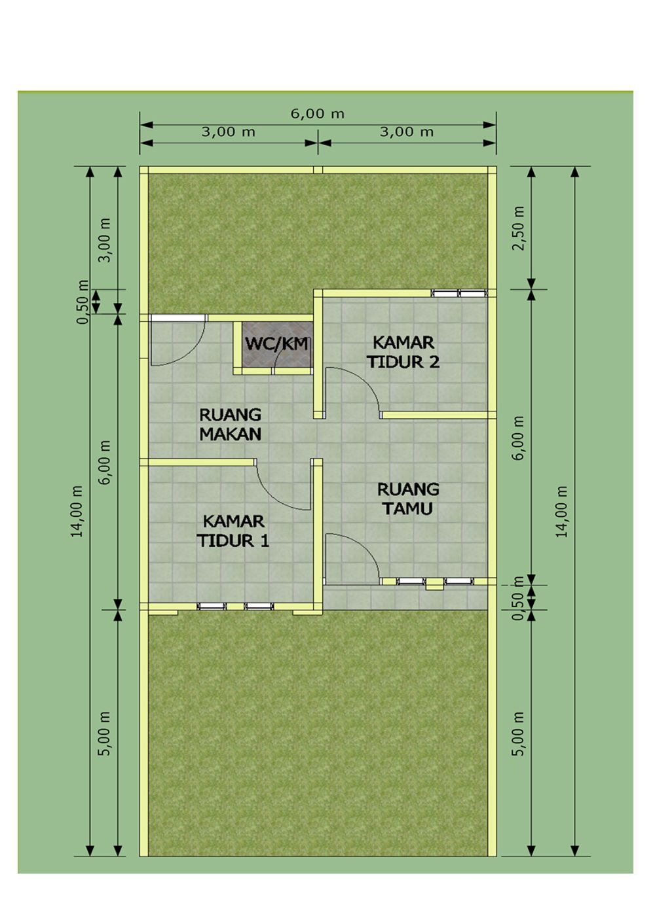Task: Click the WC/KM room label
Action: (276, 343)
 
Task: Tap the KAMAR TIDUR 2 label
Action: (403, 352)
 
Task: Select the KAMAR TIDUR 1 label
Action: (233, 531)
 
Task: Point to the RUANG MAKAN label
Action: (230, 424)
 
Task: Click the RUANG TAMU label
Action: (408, 499)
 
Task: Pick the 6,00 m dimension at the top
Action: (318, 113)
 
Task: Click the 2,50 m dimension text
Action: (519, 228)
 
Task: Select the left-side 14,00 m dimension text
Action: (78, 511)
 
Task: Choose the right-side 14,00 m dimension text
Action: (562, 511)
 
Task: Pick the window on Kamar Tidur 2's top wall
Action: (458, 293)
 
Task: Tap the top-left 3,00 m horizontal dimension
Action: (228, 132)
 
